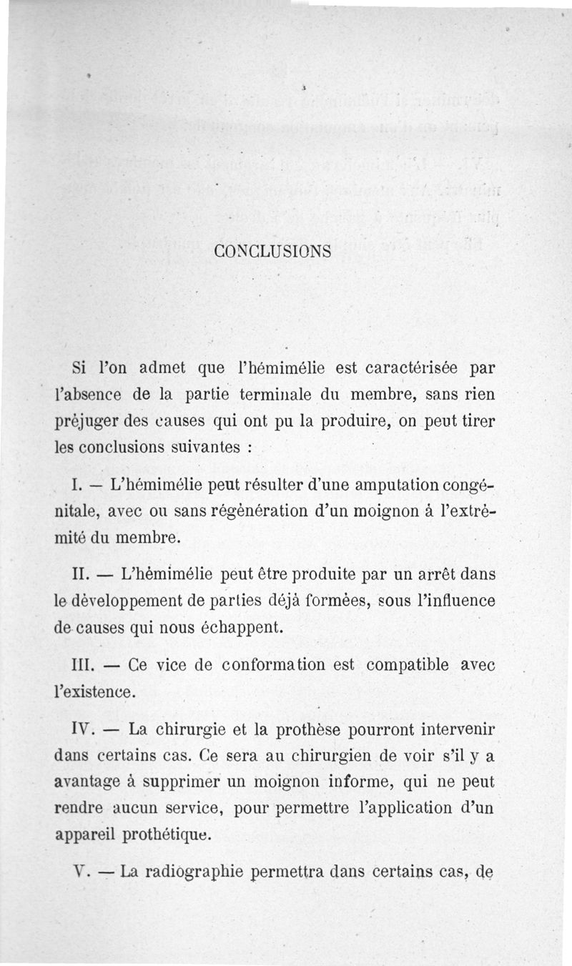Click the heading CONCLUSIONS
point(272,252)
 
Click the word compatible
point(408,666)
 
